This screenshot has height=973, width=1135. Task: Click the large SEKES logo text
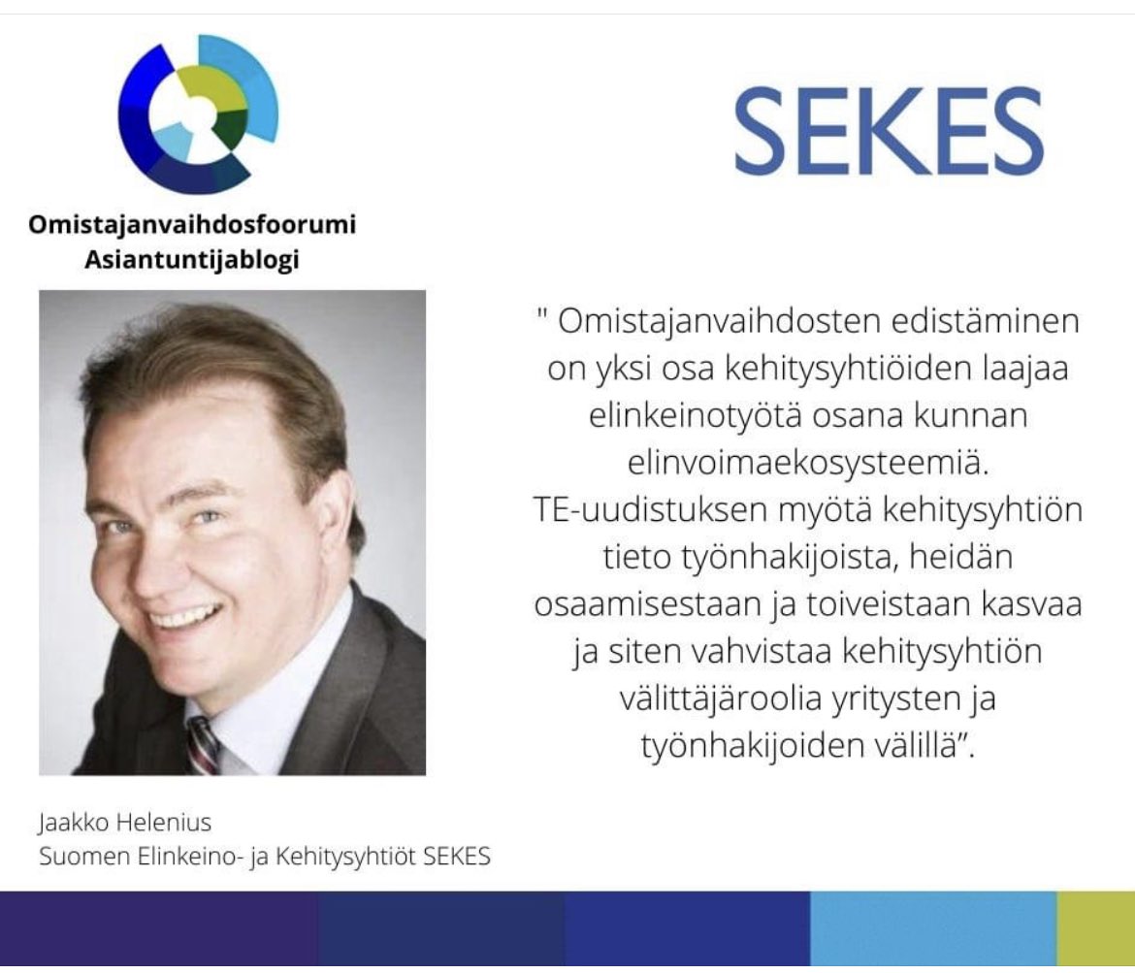[888, 130]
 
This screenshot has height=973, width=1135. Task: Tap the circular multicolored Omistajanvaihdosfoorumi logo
[198, 114]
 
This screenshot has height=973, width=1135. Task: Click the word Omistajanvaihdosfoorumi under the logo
[191, 226]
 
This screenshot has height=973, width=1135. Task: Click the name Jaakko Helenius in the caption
[124, 824]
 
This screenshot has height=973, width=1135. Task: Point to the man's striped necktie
[203, 745]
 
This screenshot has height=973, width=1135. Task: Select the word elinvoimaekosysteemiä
[804, 464]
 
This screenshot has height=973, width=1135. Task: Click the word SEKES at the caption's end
[457, 858]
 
